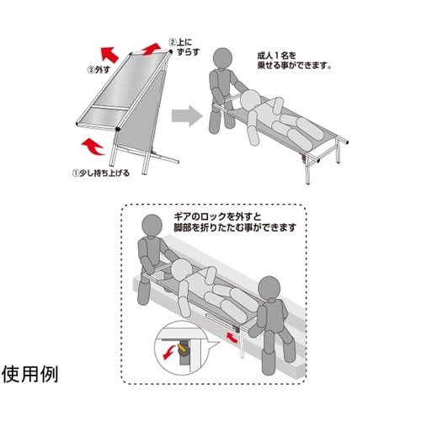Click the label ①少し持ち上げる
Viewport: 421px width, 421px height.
pyautogui.click(x=112, y=175)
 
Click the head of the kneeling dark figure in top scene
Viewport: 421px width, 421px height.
pyautogui.click(x=223, y=58)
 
